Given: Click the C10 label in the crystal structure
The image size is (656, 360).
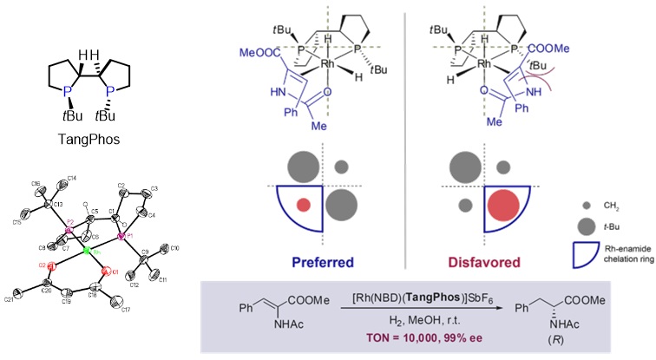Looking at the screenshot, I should coord(175,250).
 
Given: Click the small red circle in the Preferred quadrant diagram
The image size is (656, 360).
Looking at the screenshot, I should coord(304,205).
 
